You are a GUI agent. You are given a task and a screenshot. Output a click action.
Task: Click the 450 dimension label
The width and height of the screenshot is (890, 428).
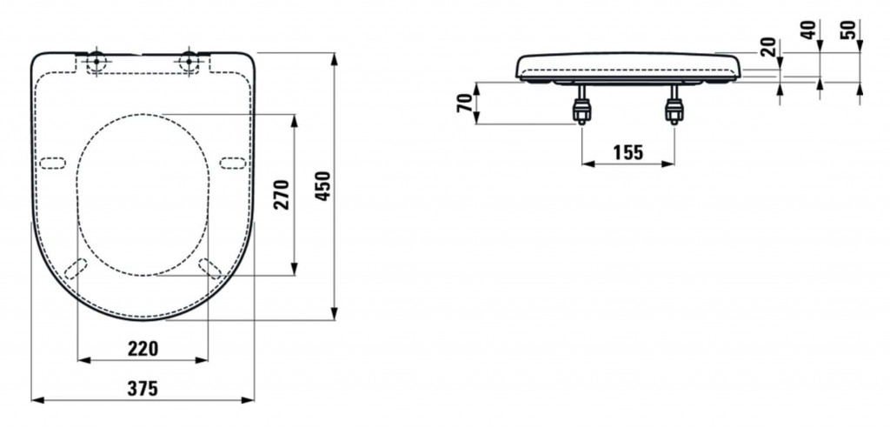pos(322,186)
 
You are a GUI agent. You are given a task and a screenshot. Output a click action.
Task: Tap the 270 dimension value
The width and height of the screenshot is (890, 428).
pos(282,194)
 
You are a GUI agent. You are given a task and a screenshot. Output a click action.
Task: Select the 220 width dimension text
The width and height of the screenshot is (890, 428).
pos(143,349)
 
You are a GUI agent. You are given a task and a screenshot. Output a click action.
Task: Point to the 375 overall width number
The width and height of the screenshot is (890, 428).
pos(143,389)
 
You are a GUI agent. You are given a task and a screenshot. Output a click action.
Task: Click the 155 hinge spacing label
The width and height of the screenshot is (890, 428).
pos(628,152)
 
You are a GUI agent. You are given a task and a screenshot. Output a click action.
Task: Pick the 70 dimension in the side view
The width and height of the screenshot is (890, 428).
pos(464,103)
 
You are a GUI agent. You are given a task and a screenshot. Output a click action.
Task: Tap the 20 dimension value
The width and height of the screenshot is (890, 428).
pos(769,47)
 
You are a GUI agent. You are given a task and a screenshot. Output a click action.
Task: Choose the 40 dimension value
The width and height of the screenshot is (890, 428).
pos(810,29)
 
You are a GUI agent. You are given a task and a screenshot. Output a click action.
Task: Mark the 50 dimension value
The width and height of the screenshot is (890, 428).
pos(850,29)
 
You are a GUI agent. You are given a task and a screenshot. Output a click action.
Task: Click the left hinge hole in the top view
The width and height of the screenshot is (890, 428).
pos(96,62)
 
